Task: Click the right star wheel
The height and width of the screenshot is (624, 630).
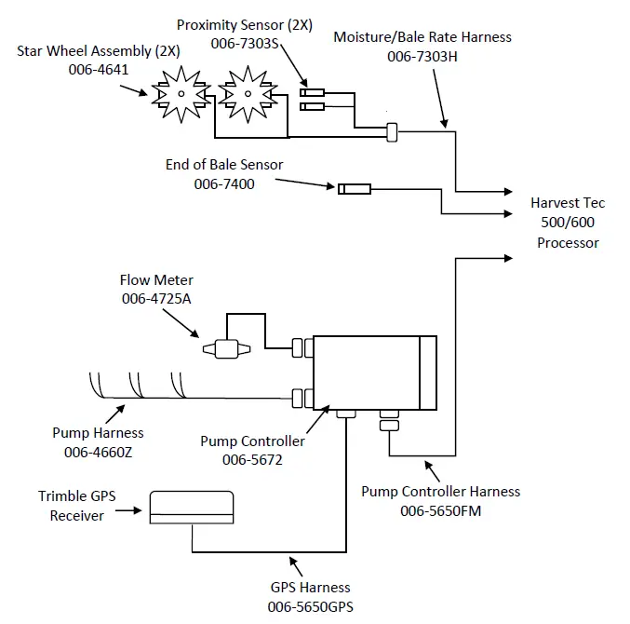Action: click(x=247, y=92)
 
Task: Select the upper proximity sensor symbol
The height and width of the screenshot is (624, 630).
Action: click(x=311, y=91)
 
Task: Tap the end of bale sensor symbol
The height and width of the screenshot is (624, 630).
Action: click(x=354, y=189)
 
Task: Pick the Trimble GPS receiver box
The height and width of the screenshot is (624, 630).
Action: click(x=190, y=505)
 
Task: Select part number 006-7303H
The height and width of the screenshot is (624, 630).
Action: click(x=422, y=57)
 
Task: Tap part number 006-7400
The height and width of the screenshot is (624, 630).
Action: click(x=223, y=183)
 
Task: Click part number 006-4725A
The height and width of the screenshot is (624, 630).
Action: click(x=155, y=298)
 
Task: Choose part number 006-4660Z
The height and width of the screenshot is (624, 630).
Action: click(x=98, y=451)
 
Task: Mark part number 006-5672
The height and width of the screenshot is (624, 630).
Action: click(x=252, y=459)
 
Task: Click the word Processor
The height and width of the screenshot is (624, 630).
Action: click(x=568, y=243)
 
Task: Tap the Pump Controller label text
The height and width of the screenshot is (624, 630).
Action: click(x=252, y=441)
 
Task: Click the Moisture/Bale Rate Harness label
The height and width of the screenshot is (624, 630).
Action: click(x=422, y=37)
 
